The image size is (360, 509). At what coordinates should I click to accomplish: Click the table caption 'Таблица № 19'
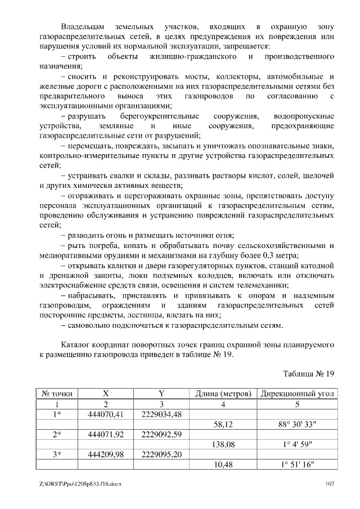[309, 373]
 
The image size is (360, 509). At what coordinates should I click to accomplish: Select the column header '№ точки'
[56, 394]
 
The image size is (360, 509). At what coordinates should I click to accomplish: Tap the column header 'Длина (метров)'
[223, 394]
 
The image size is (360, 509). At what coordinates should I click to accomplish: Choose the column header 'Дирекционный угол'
[298, 394]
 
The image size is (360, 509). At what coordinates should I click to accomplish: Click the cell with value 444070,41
[105, 414]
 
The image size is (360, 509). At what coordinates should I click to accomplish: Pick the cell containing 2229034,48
[161, 414]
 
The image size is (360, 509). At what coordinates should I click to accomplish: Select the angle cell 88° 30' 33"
[298, 425]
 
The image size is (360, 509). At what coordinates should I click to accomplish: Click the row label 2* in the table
[56, 434]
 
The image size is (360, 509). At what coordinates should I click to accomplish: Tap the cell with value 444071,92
[105, 434]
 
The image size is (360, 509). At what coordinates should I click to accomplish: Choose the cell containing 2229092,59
[161, 434]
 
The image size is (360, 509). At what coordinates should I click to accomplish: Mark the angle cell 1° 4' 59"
[298, 444]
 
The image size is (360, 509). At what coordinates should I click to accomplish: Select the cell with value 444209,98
[105, 454]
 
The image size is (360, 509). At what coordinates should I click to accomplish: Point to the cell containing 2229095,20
[161, 454]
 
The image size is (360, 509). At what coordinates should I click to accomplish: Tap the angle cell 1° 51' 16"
[298, 465]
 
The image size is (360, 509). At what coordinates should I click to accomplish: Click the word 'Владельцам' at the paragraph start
[83, 26]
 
